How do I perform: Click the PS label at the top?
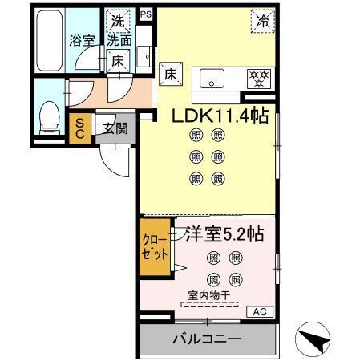coord(145,14)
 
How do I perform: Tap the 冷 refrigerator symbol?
coord(262,22)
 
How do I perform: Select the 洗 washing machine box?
coord(118,21)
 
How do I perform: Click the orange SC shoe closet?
coord(81,128)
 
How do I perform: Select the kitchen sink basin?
coord(214,79)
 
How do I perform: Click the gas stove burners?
coord(257,79)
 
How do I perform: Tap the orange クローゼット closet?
coord(156,248)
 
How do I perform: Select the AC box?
coord(260,310)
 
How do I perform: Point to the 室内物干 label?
coord(208,295)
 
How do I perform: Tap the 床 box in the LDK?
coord(170,74)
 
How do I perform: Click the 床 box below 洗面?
coord(117,59)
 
